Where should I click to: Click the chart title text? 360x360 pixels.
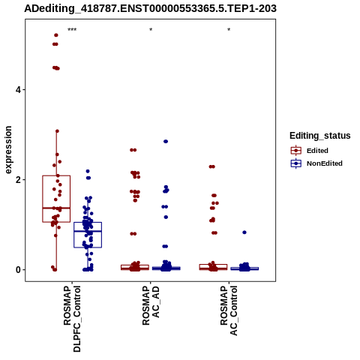pyautogui.click(x=150, y=8)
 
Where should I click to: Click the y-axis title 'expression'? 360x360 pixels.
pyautogui.click(x=8, y=150)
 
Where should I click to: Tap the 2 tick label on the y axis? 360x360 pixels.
pyautogui.click(x=18, y=180)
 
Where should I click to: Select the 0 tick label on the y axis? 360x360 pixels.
pyautogui.click(x=18, y=270)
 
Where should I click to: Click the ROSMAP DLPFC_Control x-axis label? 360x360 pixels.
pyautogui.click(x=72, y=319)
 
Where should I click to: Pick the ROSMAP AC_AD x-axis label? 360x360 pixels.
pyautogui.click(x=151, y=305)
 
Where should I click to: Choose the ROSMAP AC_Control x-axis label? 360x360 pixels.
pyautogui.click(x=229, y=310)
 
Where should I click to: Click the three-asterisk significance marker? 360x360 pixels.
pyautogui.click(x=72, y=30)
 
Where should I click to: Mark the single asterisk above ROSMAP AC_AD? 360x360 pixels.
pyautogui.click(x=151, y=30)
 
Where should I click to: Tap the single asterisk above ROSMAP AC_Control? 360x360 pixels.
pyautogui.click(x=229, y=30)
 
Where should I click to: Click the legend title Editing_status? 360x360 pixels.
pyautogui.click(x=320, y=136)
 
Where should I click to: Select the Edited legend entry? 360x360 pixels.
pyautogui.click(x=310, y=151)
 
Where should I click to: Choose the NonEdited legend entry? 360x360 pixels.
pyautogui.click(x=316, y=163)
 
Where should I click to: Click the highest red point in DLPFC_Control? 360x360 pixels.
pyautogui.click(x=56, y=35)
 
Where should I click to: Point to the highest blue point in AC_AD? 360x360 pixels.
pyautogui.click(x=166, y=142)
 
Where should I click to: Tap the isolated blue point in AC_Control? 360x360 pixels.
pyautogui.click(x=244, y=232)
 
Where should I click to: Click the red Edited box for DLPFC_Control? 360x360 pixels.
pyautogui.click(x=56, y=199)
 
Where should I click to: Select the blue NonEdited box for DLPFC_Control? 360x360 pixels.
pyautogui.click(x=88, y=235)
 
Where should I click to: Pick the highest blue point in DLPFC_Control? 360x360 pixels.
pyautogui.click(x=88, y=171)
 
